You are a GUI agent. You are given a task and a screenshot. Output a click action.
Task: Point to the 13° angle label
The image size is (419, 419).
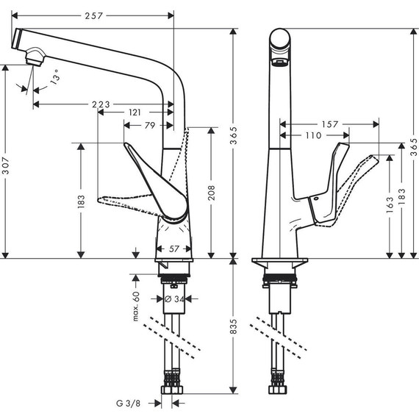(53, 76)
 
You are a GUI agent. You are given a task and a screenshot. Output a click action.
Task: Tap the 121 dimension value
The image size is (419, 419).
(135, 112)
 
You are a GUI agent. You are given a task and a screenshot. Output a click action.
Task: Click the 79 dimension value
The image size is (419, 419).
(149, 126)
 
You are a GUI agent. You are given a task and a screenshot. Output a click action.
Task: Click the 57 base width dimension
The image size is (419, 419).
(174, 249)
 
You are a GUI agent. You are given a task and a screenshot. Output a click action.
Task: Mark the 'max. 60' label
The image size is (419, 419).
(136, 305)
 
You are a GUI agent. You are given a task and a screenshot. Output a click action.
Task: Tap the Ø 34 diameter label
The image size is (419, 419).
(174, 298)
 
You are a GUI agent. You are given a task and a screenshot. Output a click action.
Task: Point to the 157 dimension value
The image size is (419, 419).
(331, 125)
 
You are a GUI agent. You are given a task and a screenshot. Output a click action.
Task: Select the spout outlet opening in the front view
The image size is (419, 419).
(279, 62)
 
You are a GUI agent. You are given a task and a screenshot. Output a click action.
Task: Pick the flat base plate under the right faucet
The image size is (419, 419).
(279, 262)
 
